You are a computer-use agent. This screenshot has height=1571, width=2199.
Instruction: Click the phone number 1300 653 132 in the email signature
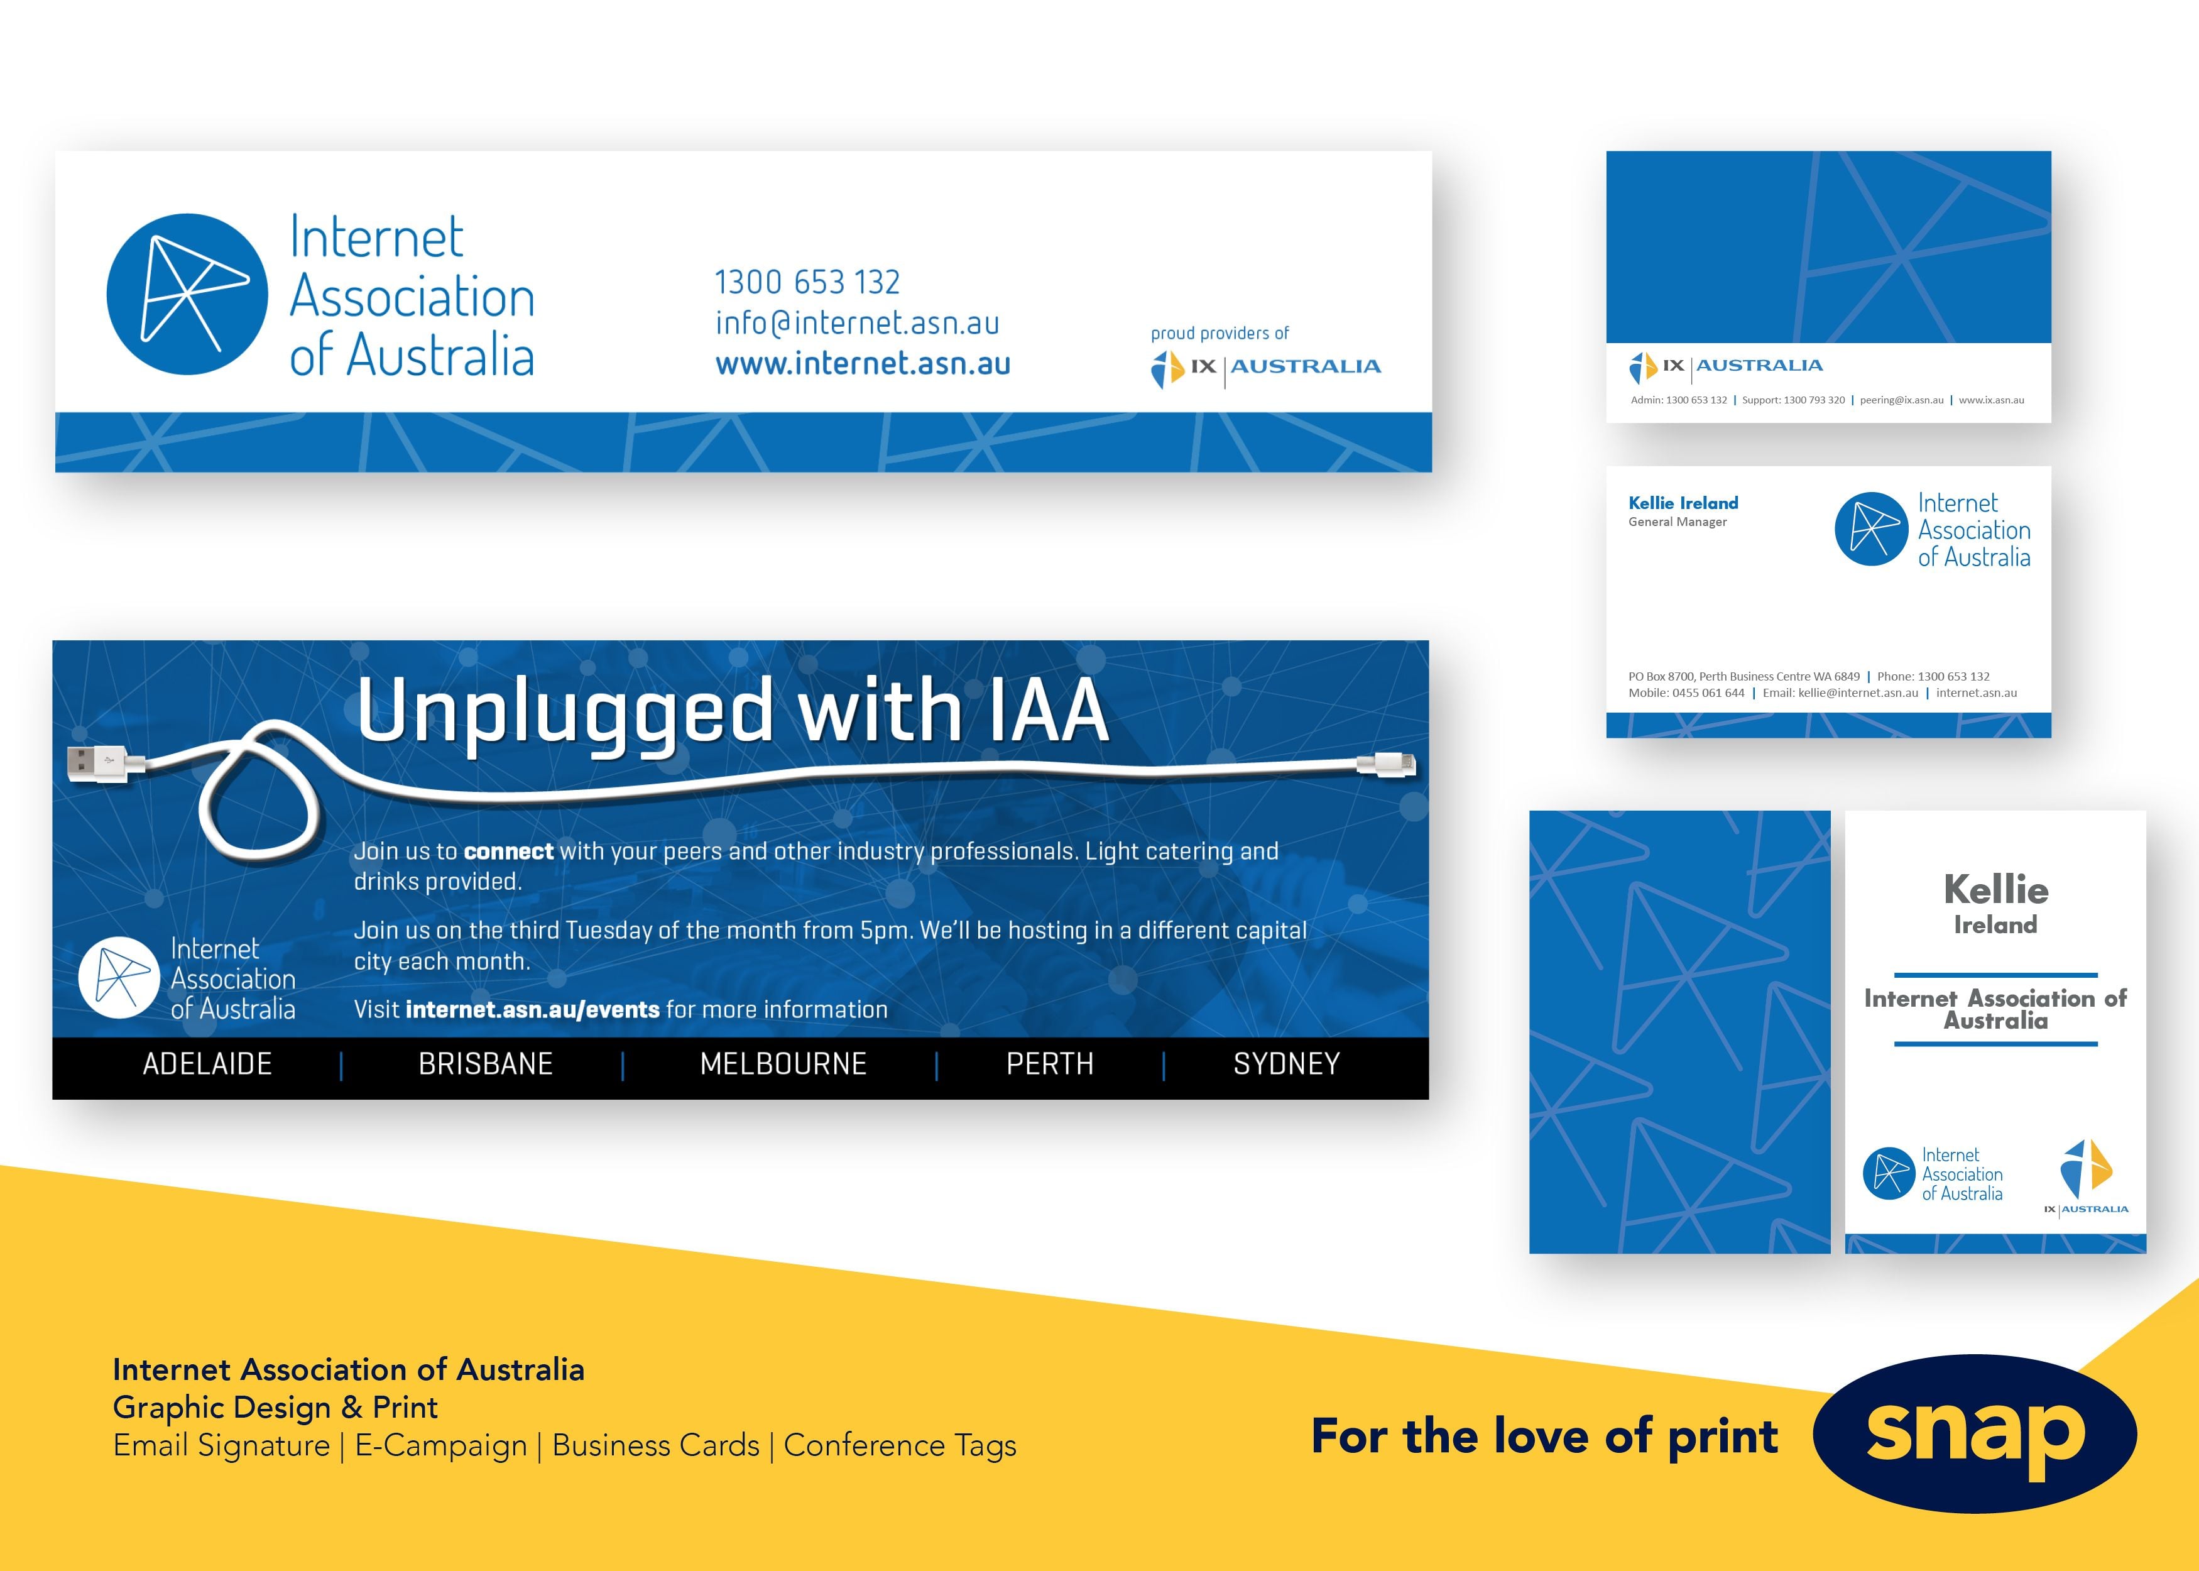pos(807,283)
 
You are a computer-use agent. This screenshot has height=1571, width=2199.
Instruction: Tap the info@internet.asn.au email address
pos(857,323)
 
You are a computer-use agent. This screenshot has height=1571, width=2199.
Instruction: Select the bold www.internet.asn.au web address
pos(863,364)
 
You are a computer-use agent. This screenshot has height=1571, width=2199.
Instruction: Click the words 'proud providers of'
pos(1220,334)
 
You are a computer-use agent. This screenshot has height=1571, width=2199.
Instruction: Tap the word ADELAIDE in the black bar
pos(207,1064)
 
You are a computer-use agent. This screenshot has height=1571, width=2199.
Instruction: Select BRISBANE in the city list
pos(486,1064)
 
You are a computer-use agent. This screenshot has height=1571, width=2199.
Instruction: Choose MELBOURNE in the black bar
pos(783,1064)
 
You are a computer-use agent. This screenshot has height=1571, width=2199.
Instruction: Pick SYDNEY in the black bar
pos(1286,1064)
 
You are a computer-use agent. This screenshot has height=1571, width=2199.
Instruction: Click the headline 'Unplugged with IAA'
pos(732,711)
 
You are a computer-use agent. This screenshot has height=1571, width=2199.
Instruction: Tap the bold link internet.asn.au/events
pos(533,1010)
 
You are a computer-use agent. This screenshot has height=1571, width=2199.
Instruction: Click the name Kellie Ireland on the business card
pos(1683,503)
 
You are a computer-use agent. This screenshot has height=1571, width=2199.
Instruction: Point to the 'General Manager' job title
pos(1677,522)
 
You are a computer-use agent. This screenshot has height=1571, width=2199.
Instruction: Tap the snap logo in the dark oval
pos(1975,1433)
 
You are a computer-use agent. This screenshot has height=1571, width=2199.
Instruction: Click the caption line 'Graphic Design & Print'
pos(276,1408)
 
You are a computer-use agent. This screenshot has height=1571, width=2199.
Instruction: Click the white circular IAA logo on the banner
pos(119,978)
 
